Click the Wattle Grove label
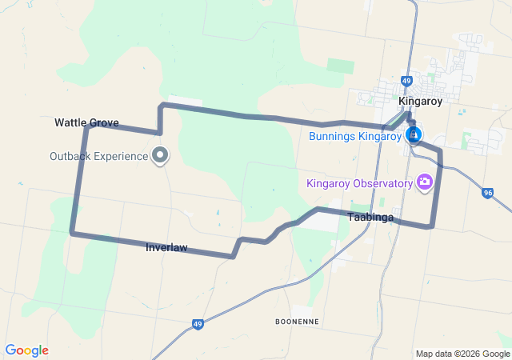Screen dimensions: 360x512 (86, 122)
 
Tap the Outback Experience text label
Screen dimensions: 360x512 (98, 155)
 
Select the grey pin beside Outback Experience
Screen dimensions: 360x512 (160, 154)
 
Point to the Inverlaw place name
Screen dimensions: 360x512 (166, 248)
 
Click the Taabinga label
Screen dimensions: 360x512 (370, 217)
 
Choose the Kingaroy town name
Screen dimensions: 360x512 (421, 101)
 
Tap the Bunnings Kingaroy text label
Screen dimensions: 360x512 (354, 136)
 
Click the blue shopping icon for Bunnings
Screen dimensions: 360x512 (414, 134)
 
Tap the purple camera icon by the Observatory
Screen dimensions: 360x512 (425, 182)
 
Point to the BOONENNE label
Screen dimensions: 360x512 (297, 321)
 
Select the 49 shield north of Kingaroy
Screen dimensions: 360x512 (407, 81)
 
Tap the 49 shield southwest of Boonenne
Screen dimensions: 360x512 (197, 324)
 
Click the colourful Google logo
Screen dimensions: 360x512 (26, 350)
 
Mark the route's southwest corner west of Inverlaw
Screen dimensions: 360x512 (72, 233)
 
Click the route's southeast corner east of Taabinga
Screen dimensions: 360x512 (432, 226)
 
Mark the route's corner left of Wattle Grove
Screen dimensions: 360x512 (84, 126)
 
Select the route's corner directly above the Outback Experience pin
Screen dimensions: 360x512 (162, 105)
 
